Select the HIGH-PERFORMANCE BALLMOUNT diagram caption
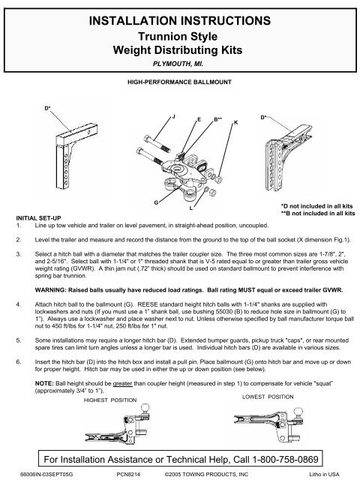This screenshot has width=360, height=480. tap(180, 82)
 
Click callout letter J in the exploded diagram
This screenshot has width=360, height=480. tap(174, 117)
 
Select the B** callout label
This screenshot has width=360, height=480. tap(219, 118)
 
